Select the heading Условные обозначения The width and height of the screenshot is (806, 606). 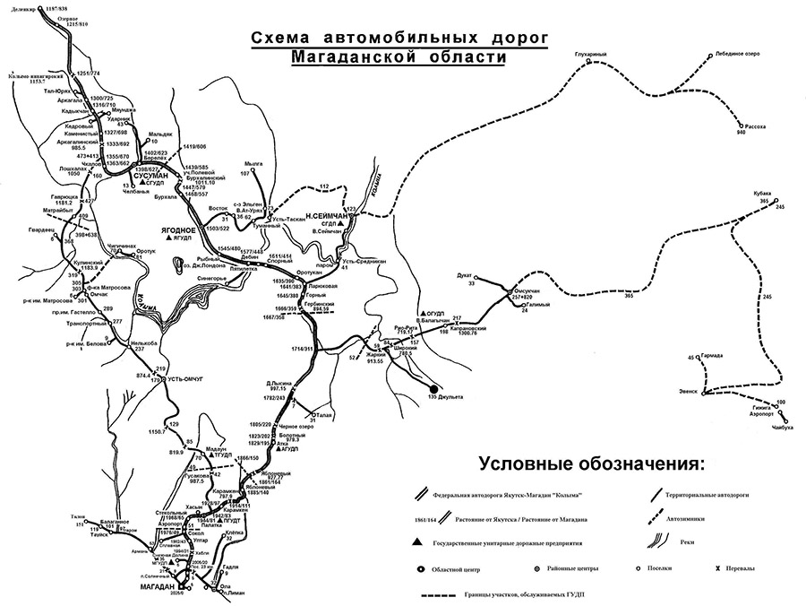pos(592,464)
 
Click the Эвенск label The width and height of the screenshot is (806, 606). pos(690,392)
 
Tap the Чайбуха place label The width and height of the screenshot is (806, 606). pos(782,428)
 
